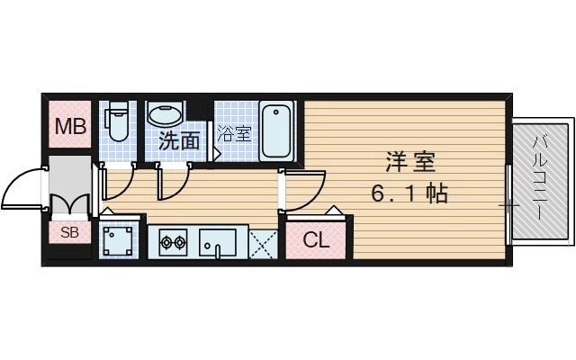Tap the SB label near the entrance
69,232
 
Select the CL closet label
315,240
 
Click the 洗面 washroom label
179,141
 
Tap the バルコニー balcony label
541,180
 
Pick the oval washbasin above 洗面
166,114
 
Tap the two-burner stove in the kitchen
172,240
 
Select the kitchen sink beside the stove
217,241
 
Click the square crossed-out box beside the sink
262,241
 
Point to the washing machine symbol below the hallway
118,239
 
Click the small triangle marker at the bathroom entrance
218,155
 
